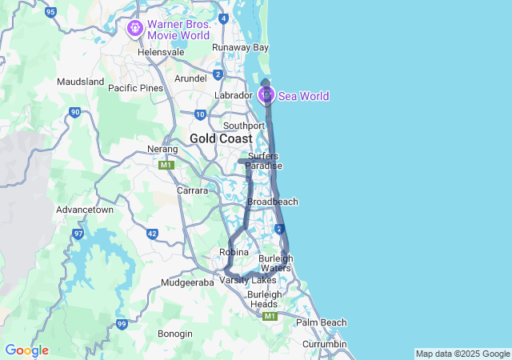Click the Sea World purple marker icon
[x=266, y=96]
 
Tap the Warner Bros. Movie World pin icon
[x=134, y=30]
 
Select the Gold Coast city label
[x=221, y=138]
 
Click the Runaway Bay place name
[x=240, y=47]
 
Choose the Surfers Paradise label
[x=263, y=161]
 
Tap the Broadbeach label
[x=272, y=202]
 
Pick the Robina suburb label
[x=234, y=252]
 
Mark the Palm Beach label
[x=322, y=322]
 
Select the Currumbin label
[x=324, y=344]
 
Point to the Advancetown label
[x=84, y=209]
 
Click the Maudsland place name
[x=81, y=82]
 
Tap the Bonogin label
[x=174, y=334]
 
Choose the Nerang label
[x=162, y=149]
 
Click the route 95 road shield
[x=51, y=12]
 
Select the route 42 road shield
[x=152, y=234]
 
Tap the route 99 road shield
[x=122, y=323]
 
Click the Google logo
[x=26, y=350]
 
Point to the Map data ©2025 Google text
[x=462, y=354]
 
